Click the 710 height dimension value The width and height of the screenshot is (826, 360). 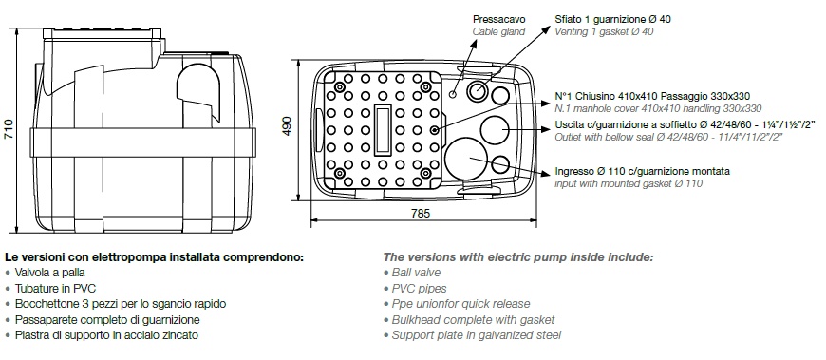pyautogui.click(x=9, y=128)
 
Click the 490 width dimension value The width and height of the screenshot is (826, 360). pyautogui.click(x=287, y=126)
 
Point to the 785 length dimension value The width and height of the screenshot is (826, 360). pyautogui.click(x=420, y=213)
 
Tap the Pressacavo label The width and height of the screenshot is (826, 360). pyautogui.click(x=498, y=20)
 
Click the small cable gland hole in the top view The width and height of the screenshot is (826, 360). pyautogui.click(x=453, y=94)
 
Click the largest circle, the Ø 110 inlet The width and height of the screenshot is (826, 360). pyautogui.click(x=466, y=157)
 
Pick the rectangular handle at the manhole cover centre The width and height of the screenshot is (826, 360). pyautogui.click(x=383, y=130)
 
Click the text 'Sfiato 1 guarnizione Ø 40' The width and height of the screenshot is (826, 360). pyautogui.click(x=612, y=20)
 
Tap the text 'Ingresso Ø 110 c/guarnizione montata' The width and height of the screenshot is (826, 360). pyautogui.click(x=642, y=171)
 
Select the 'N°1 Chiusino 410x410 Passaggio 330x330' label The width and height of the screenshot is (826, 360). pyautogui.click(x=652, y=97)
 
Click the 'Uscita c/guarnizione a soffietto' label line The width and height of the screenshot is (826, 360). pyautogui.click(x=685, y=125)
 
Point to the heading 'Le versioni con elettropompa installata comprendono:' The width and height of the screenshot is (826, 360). pyautogui.click(x=155, y=257)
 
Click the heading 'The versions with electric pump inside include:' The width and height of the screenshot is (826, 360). pyautogui.click(x=518, y=257)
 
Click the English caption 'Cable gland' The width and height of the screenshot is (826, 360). pyautogui.click(x=498, y=31)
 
